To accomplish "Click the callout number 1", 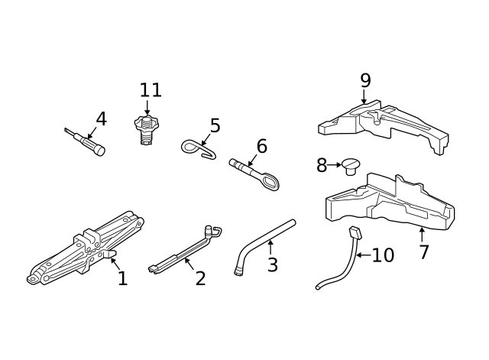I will pos(122,279).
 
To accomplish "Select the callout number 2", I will pos(200,279).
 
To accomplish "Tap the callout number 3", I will pos(272,265).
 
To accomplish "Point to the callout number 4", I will pos(101,119).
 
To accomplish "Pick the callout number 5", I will pos(215,125).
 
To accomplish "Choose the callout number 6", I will pos(261,145).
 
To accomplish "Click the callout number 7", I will pos(424,251).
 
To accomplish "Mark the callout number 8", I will pos(322,165).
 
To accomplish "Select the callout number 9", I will pos(365,80).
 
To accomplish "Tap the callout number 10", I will pos(383,255).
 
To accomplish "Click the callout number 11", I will pos(151,90).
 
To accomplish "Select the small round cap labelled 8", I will pos(351,165).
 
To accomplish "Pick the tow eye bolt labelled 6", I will pos(256,174).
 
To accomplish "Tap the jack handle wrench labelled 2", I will pos(183,248).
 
